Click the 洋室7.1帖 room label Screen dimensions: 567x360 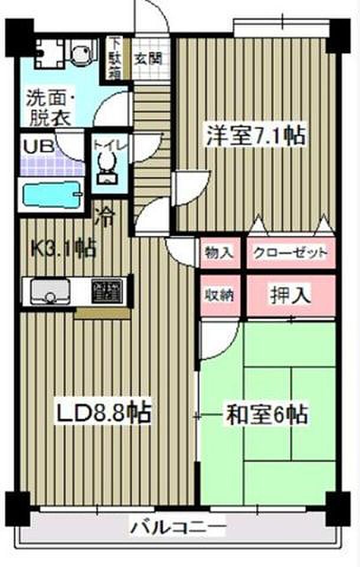(x=255, y=136)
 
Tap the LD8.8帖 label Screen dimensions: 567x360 (x=104, y=413)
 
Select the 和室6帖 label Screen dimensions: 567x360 (x=266, y=415)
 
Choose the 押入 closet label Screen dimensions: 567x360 (x=290, y=294)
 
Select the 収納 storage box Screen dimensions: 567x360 (x=219, y=294)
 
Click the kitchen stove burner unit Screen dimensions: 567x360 (x=106, y=291)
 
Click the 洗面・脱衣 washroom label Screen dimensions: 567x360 (x=50, y=107)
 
